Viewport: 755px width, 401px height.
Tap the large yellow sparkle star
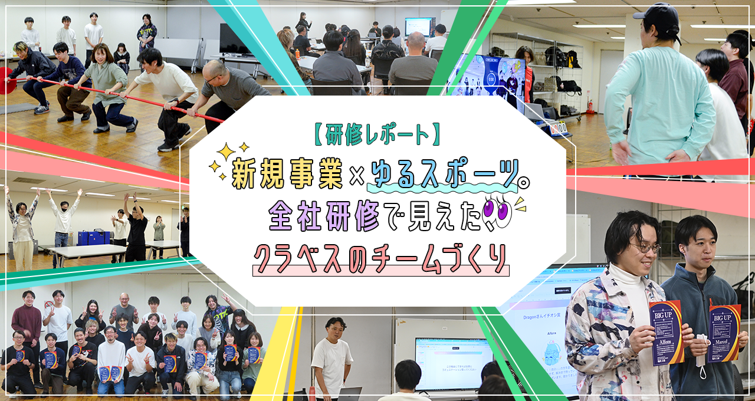click(x=226, y=152)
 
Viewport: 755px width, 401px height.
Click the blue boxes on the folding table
click(x=94, y=237)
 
